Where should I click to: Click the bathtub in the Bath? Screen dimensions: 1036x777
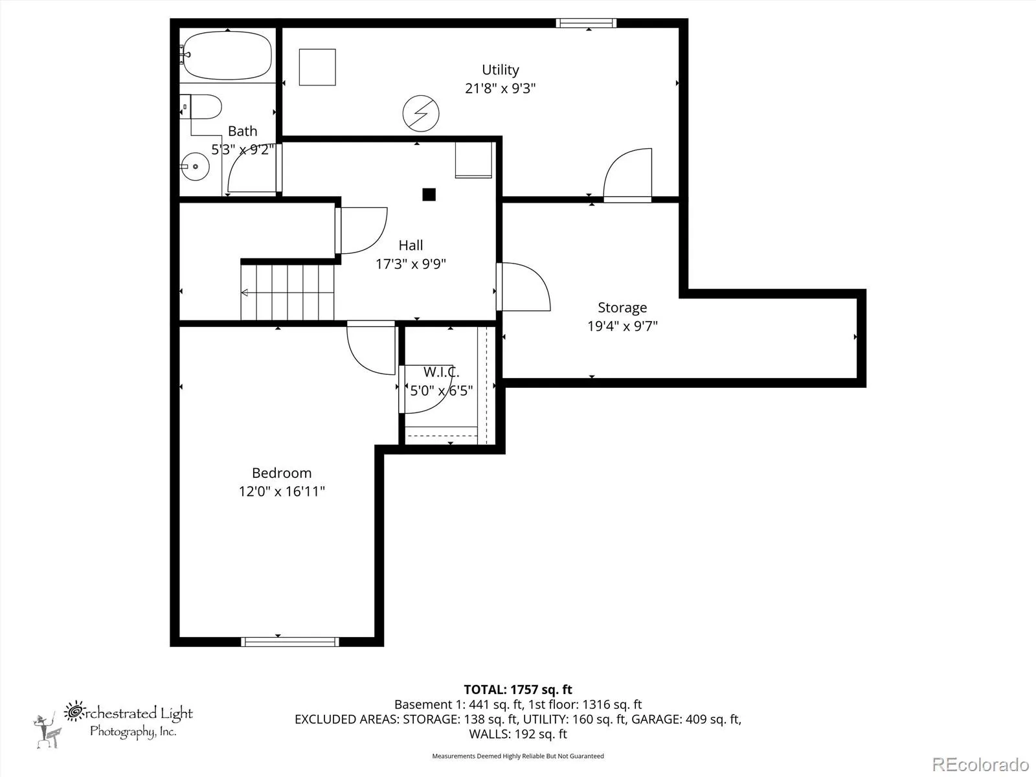tap(227, 55)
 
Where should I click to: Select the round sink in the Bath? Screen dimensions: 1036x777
tap(196, 166)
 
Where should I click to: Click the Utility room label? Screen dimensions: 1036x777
tap(501, 70)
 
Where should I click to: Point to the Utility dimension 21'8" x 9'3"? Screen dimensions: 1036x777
tap(501, 88)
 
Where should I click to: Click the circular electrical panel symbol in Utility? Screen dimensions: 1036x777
tap(421, 114)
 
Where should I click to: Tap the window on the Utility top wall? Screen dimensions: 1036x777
tap(586, 23)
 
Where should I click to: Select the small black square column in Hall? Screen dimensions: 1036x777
tap(429, 194)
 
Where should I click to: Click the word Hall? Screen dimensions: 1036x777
tap(411, 245)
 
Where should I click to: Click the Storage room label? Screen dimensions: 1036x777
tap(622, 308)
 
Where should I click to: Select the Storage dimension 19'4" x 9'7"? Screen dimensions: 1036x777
tap(622, 326)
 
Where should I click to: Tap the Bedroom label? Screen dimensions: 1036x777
tap(282, 473)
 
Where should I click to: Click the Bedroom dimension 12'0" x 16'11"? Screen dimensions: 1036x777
tap(282, 491)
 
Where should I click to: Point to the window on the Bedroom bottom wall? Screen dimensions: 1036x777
tap(290, 642)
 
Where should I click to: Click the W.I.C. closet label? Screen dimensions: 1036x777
tap(441, 372)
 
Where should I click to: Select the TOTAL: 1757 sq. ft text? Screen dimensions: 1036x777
tap(518, 690)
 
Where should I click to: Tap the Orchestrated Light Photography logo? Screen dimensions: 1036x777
tap(113, 724)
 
